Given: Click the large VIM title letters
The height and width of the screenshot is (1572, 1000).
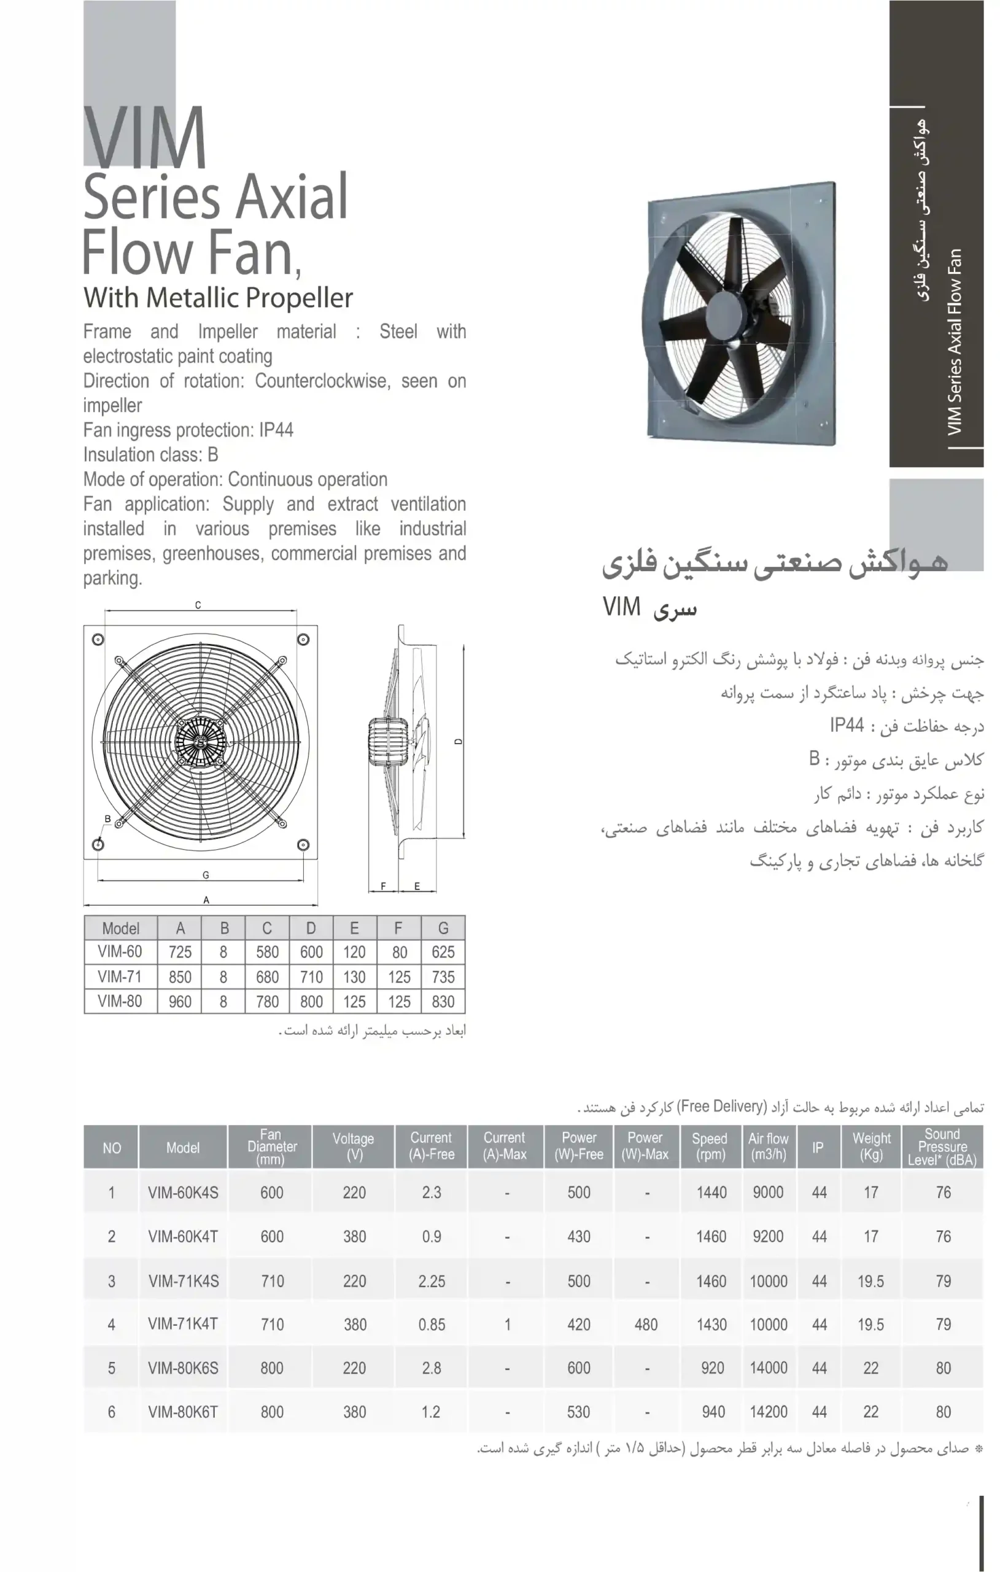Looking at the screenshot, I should tap(145, 138).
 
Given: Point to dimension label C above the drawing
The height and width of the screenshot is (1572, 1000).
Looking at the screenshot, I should tap(198, 605).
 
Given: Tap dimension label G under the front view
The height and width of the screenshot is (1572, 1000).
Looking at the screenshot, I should tap(206, 875).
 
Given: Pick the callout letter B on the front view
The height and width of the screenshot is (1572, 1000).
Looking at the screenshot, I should tap(107, 819).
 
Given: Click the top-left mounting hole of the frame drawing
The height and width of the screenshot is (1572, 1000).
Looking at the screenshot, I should tap(98, 640).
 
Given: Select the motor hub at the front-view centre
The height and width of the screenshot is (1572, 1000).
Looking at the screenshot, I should tap(200, 742).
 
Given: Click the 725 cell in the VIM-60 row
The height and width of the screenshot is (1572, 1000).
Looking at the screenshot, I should tap(180, 952).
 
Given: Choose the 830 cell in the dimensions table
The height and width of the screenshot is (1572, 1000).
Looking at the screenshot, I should tap(443, 1002).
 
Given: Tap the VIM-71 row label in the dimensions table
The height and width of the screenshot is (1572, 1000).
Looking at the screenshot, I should tap(120, 976).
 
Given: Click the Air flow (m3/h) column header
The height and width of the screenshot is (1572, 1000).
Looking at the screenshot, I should tap(769, 1146).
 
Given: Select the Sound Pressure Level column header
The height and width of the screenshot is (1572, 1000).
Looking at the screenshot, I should tap(942, 1147).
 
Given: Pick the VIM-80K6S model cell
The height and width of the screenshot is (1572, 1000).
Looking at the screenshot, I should tap(183, 1368).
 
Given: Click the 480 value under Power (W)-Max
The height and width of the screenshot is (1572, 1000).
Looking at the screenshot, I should tap(646, 1324).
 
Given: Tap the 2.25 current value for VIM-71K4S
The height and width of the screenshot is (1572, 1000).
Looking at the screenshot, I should tap(432, 1281).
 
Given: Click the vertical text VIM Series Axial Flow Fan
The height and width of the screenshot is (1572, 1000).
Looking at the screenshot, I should tap(955, 341).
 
